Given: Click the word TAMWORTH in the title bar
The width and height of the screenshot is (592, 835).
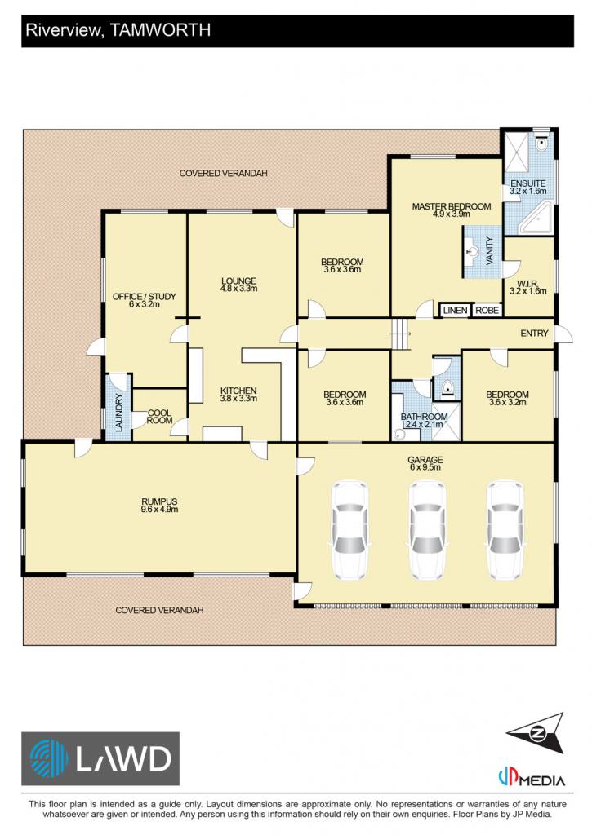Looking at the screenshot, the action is [x=159, y=30].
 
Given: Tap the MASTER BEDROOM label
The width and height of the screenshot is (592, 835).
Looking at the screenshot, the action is [x=452, y=206].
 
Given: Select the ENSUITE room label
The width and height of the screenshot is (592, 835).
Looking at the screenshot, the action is [x=528, y=183].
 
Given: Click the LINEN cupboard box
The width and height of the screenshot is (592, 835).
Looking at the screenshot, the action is [x=455, y=310].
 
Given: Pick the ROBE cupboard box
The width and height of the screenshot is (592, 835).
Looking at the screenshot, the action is [x=487, y=310].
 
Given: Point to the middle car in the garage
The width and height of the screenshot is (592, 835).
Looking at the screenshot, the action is [x=428, y=531].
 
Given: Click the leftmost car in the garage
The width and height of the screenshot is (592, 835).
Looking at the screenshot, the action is [x=349, y=531].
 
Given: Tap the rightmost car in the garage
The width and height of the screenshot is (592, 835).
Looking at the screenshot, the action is [x=505, y=531].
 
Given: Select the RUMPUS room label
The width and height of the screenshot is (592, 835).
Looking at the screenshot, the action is [x=159, y=501].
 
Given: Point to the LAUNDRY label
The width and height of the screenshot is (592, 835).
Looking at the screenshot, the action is [x=119, y=413].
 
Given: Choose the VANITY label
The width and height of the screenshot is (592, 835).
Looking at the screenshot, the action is [x=490, y=251].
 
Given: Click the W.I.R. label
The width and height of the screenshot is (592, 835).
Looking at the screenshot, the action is [x=527, y=284].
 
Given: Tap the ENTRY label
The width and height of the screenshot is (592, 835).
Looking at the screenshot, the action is [x=534, y=334].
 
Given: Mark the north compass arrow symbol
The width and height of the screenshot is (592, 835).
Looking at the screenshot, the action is [x=536, y=733].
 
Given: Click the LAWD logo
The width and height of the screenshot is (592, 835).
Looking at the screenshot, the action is [x=100, y=759].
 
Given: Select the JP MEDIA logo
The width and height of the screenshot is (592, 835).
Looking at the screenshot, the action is [x=532, y=778].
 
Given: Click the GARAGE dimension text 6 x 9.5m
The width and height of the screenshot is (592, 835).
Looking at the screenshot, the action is [x=425, y=467].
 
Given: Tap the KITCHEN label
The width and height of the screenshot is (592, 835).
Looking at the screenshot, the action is [x=238, y=391].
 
